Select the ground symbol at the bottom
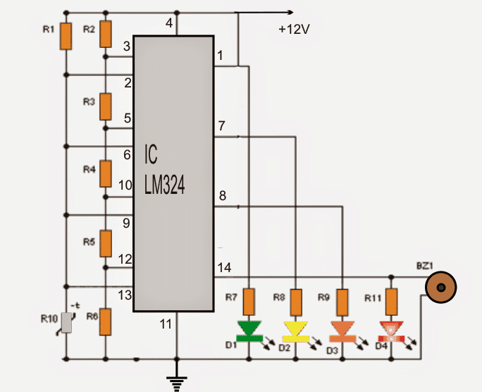pyautogui.click(x=177, y=381)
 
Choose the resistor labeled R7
pyautogui.click(x=249, y=302)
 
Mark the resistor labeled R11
pyautogui.click(x=390, y=302)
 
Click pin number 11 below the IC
pyautogui.click(x=165, y=324)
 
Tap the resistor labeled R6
pyautogui.click(x=105, y=321)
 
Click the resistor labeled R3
pyautogui.click(x=105, y=106)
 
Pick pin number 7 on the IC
pyautogui.click(x=221, y=126)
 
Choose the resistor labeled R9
pyautogui.click(x=342, y=302)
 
